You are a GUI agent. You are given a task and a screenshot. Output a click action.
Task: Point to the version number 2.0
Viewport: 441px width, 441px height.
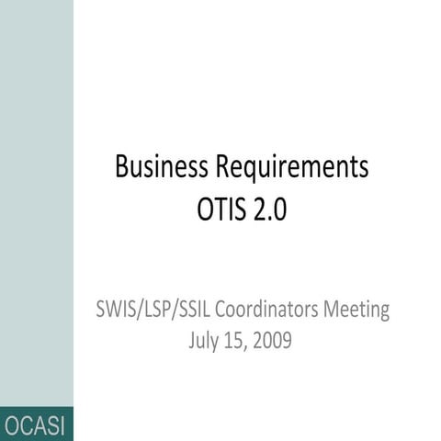pyautogui.click(x=269, y=210)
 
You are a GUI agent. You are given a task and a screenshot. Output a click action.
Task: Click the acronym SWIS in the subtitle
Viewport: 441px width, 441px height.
pyautogui.click(x=117, y=310)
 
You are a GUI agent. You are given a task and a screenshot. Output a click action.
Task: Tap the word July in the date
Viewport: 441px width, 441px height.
pyautogui.click(x=204, y=343)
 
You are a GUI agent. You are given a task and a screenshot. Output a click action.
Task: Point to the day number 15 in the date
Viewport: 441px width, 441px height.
pyautogui.click(x=236, y=343)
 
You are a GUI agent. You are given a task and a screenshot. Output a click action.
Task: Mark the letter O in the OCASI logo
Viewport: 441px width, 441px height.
pyautogui.click(x=12, y=425)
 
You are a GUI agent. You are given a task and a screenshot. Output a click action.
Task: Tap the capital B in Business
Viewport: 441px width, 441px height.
pyautogui.click(x=121, y=168)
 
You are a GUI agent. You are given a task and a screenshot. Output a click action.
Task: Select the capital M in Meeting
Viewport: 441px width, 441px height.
pyautogui.click(x=335, y=310)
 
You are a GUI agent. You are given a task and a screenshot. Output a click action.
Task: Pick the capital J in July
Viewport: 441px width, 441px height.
pyautogui.click(x=190, y=343)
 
